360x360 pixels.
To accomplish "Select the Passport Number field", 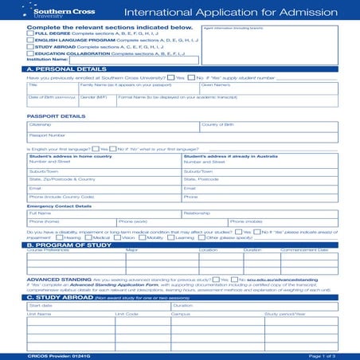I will pos(112,138).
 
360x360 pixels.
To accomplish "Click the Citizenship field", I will pos(112,127).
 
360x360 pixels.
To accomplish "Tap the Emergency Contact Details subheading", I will pos(59,205).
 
